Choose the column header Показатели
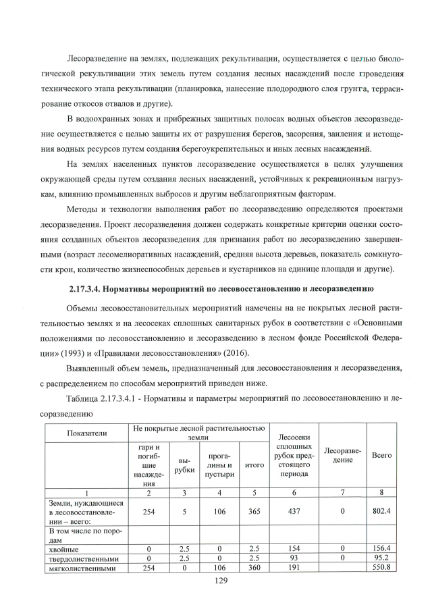[x=87, y=431]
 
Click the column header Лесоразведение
[x=342, y=456]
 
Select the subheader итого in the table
[x=254, y=465]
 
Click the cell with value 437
[x=294, y=512]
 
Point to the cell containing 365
[x=254, y=512]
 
